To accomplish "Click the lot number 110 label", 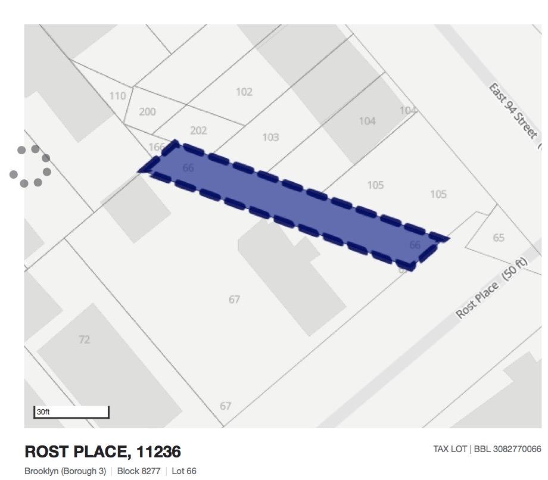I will [x=117, y=96].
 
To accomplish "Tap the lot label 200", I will [x=147, y=111].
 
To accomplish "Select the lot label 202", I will [x=198, y=130].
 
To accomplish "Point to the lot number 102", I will [x=244, y=92].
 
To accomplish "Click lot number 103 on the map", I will [x=270, y=138].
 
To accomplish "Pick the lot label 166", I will [x=157, y=147].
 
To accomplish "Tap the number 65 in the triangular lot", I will [x=499, y=238].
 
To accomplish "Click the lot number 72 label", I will [x=84, y=339].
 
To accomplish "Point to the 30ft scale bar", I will [x=71, y=412].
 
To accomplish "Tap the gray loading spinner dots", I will [x=30, y=166].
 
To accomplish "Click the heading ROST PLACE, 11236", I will [x=102, y=451].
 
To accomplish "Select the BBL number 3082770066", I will [x=507, y=449].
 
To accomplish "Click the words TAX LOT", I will [x=450, y=449].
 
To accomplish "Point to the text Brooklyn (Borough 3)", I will [x=65, y=471].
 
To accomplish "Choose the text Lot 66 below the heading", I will [x=183, y=471].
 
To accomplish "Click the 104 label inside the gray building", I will [x=367, y=121].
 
